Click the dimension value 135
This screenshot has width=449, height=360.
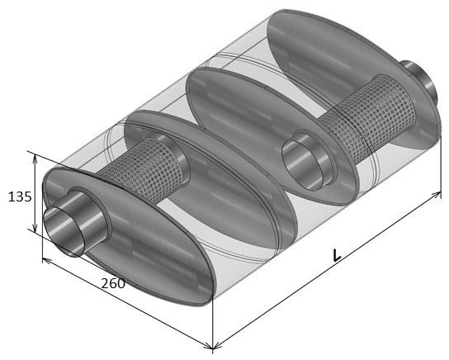20,197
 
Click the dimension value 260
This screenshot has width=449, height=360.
113,283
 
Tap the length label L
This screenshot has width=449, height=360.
337,255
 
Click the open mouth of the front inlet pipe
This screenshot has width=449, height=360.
64,231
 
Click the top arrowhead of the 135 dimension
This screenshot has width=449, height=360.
35,158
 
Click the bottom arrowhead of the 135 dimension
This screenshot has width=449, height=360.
35,228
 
